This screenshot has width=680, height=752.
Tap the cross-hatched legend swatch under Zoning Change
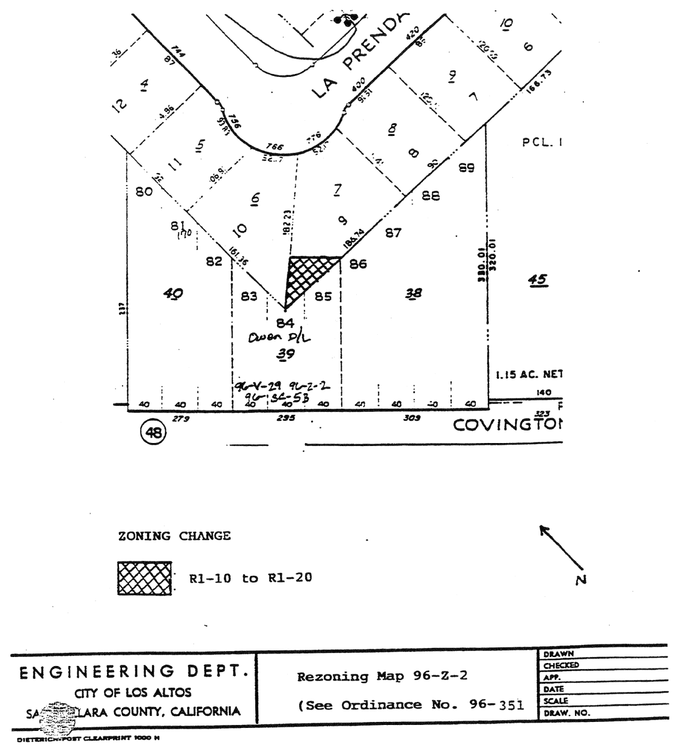point(145,578)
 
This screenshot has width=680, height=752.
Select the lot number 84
point(285,323)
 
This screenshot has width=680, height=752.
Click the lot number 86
point(358,264)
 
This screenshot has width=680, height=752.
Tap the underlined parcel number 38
point(414,293)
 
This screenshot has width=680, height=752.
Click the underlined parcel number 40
point(174,293)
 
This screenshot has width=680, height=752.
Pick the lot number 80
point(144,192)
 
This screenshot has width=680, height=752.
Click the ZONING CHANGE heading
point(174,536)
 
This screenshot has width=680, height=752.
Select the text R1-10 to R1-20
point(250,578)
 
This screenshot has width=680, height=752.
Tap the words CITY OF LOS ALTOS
point(133,692)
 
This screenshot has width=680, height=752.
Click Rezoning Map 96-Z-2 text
point(383,676)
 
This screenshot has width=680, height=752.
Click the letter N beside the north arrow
point(580,579)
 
